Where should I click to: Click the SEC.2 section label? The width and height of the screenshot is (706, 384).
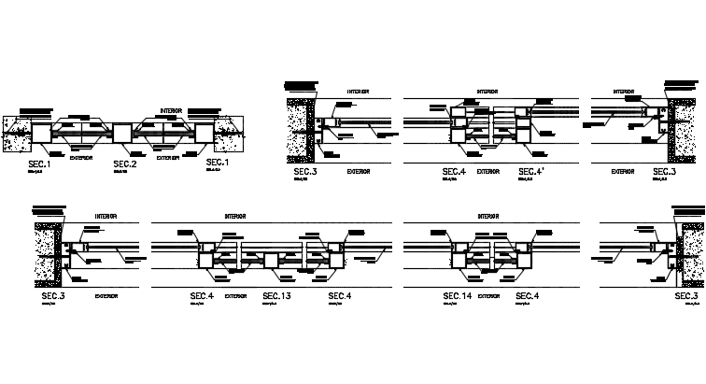click(x=125, y=164)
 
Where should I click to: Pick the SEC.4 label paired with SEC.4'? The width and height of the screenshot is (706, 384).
click(x=454, y=172)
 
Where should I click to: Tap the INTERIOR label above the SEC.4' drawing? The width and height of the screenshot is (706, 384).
click(x=487, y=92)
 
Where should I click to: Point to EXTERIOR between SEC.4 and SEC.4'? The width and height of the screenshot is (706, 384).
click(x=489, y=172)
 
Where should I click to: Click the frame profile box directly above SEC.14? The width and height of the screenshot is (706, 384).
click(x=459, y=253)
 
